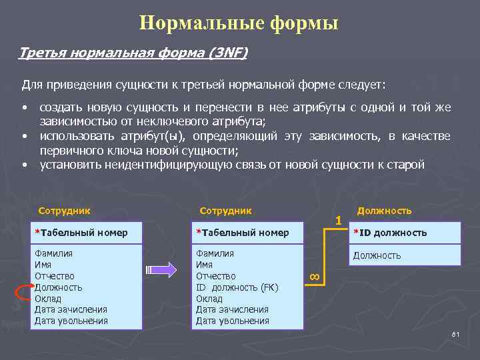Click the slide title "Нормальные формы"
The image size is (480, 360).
[x=239, y=23]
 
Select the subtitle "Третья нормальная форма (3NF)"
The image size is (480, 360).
[x=133, y=53]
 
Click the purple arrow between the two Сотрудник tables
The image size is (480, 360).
[x=161, y=269]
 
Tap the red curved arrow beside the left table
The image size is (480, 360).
[x=23, y=292]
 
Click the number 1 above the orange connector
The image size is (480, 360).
[x=338, y=219]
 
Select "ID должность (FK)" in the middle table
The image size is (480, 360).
[x=237, y=287]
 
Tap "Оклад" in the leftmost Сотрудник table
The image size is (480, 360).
[x=47, y=299]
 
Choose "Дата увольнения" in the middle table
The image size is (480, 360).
[x=232, y=321]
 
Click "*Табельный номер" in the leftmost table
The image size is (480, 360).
[x=81, y=233]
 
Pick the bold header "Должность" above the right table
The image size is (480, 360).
[x=384, y=211]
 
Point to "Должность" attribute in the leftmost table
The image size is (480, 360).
[x=59, y=287]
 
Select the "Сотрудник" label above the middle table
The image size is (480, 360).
[x=226, y=211]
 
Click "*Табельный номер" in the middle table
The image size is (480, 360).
[x=242, y=233]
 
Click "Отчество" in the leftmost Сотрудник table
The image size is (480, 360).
[x=55, y=276]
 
